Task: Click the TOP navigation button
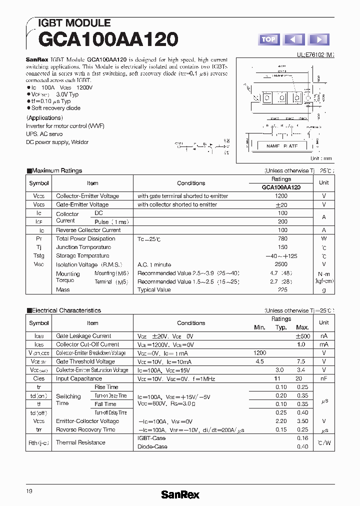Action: pos(268,39)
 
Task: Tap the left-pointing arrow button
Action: pos(294,39)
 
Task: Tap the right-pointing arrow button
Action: pos(318,39)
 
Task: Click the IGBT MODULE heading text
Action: pos(74,23)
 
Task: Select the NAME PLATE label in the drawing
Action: pos(281,146)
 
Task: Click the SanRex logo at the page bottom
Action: pos(180,494)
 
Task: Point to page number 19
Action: pos(29,491)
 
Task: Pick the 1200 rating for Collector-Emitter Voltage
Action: pos(281,196)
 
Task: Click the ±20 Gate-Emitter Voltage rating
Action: pos(281,204)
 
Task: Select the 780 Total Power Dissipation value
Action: pos(282,238)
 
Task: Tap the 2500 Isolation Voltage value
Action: pos(281,264)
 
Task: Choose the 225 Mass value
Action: pos(282,289)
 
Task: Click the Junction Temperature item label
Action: pos(83,247)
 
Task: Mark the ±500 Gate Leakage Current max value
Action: pos(303,336)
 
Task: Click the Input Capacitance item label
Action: pos(79,378)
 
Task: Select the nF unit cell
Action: pos(324,378)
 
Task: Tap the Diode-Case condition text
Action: pos(152,446)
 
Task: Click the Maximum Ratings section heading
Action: pos(56,170)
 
